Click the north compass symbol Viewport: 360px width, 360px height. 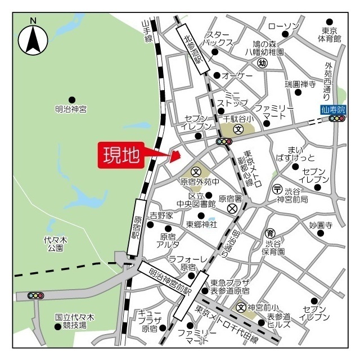coord(33,38)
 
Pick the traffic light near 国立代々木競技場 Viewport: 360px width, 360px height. coord(35,295)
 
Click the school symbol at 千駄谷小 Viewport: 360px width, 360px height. coord(238,129)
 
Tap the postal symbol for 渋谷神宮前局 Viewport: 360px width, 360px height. coord(277,188)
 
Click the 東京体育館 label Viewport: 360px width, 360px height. coord(330,34)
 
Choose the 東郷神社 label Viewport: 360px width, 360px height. coord(201,224)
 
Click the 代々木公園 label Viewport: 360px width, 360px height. coord(56,244)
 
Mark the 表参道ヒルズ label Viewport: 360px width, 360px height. coord(279,320)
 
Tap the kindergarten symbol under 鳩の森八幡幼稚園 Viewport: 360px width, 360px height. coord(262,63)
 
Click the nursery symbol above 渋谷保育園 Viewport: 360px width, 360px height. coord(271,233)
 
